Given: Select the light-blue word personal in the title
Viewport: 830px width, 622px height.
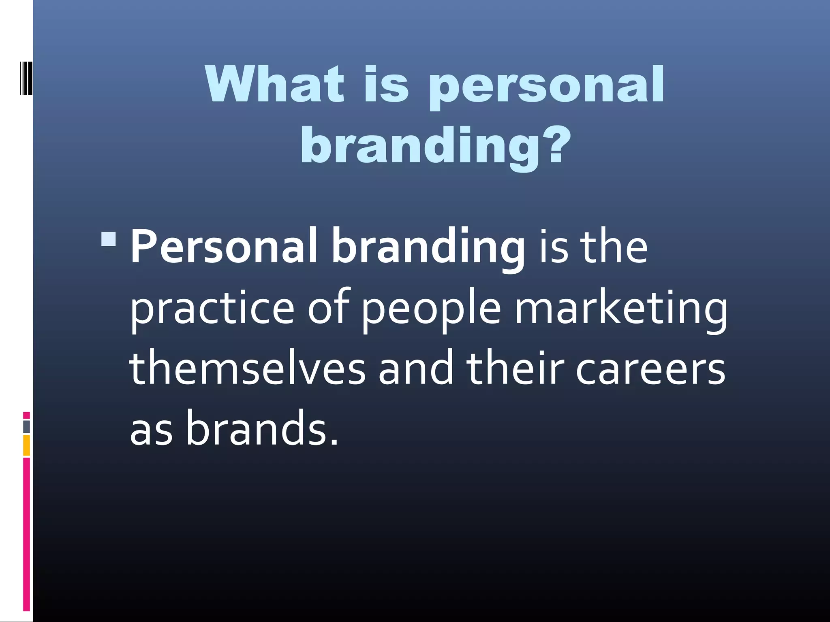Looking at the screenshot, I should pos(546,87).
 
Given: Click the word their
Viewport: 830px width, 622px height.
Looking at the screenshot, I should pos(515,368).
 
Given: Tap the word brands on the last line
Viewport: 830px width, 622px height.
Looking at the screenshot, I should pos(262,428).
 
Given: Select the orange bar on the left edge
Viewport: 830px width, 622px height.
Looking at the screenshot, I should pos(26,445).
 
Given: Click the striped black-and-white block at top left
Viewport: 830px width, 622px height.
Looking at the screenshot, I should pos(26,78).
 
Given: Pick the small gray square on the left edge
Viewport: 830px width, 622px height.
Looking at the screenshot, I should pos(26,427).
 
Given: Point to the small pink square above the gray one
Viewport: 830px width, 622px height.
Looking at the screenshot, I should pos(26,415).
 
